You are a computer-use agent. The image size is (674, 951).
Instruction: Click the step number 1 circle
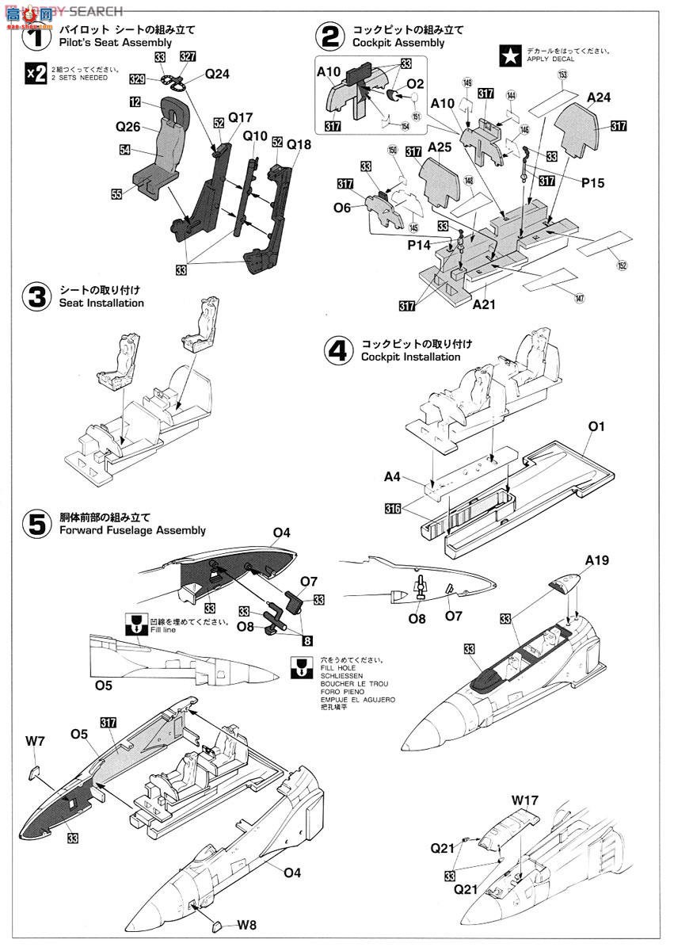(x=35, y=36)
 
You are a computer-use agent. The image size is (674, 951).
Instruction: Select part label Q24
(x=216, y=74)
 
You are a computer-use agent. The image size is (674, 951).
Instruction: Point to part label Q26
(x=128, y=126)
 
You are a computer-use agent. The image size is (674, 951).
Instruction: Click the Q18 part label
(x=299, y=145)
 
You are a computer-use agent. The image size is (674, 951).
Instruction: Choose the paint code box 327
(x=187, y=56)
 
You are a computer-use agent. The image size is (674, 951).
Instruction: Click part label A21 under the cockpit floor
(x=484, y=304)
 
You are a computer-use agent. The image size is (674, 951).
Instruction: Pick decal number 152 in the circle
(x=622, y=265)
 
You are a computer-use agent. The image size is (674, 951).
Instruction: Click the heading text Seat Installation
(x=101, y=303)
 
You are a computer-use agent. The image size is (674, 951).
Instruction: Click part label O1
(x=596, y=426)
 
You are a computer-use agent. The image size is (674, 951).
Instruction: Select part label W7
(x=35, y=742)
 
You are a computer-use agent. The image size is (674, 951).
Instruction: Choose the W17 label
(x=524, y=800)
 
